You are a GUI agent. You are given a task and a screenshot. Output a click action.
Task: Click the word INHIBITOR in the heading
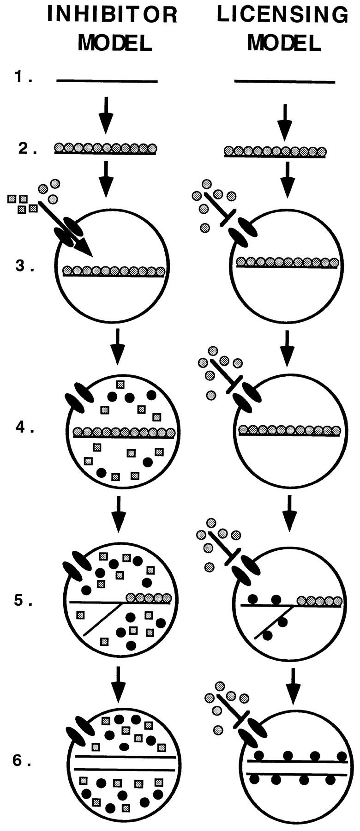(113, 16)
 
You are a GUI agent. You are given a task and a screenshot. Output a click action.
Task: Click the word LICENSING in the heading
(283, 16)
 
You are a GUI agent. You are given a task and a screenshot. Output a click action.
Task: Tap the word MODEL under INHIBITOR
(115, 43)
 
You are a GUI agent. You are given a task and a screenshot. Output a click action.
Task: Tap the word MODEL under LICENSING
(284, 43)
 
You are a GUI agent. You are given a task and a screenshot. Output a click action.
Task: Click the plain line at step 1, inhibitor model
(107, 81)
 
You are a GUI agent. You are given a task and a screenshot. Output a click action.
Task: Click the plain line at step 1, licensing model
(285, 82)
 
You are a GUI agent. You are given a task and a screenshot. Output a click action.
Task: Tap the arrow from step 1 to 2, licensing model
(285, 120)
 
